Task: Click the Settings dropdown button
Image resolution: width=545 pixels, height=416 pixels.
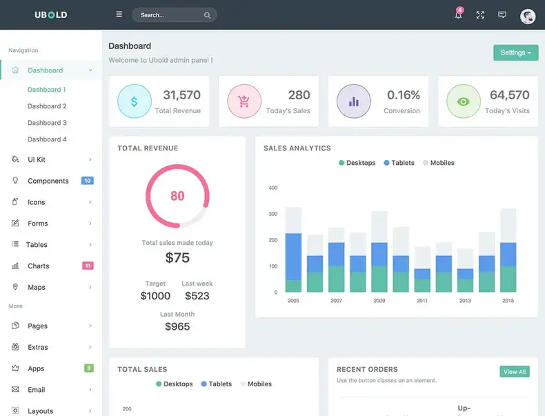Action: point(515,52)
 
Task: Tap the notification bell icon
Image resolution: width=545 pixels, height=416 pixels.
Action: point(458,15)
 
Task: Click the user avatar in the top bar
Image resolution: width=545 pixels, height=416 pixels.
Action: point(528,16)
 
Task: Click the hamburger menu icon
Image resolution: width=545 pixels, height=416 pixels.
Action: point(119,14)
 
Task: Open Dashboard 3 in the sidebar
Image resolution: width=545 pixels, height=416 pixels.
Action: point(47,123)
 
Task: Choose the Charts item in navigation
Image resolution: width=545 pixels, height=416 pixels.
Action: point(39,266)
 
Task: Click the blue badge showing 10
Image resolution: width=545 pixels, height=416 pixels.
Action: point(88,181)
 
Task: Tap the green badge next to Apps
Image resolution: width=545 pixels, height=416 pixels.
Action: point(88,368)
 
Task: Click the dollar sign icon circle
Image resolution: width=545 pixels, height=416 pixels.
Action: point(134,101)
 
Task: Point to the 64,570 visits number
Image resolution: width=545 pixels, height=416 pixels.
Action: point(509,95)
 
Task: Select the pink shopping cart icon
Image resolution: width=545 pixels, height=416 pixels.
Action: point(244,101)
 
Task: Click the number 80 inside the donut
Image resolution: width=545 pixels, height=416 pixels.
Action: point(177,196)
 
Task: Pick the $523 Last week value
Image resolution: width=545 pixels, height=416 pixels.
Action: point(197,296)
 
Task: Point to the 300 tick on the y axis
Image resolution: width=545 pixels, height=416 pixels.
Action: point(272,214)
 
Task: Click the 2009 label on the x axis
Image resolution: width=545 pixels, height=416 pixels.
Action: point(379,301)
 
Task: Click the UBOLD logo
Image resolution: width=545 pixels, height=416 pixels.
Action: point(51,14)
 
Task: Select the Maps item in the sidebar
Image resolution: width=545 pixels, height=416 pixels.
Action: point(37,288)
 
